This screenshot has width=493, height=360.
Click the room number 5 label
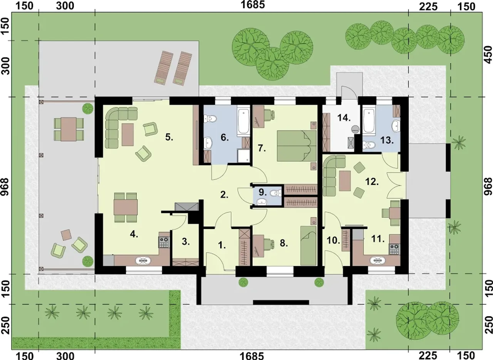click(x=169, y=137)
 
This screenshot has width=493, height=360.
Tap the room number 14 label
click(x=344, y=118)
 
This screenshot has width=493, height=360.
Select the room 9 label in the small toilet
click(x=262, y=192)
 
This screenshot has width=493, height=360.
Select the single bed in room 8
click(x=309, y=246)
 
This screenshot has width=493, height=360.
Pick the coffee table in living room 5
click(x=127, y=134)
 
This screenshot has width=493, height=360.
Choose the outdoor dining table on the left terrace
click(x=69, y=129)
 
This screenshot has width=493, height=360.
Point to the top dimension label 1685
click(x=253, y=5)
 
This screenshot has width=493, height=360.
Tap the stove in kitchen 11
click(x=395, y=249)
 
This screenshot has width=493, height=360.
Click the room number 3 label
click(x=186, y=242)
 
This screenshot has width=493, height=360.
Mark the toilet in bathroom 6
click(x=211, y=119)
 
